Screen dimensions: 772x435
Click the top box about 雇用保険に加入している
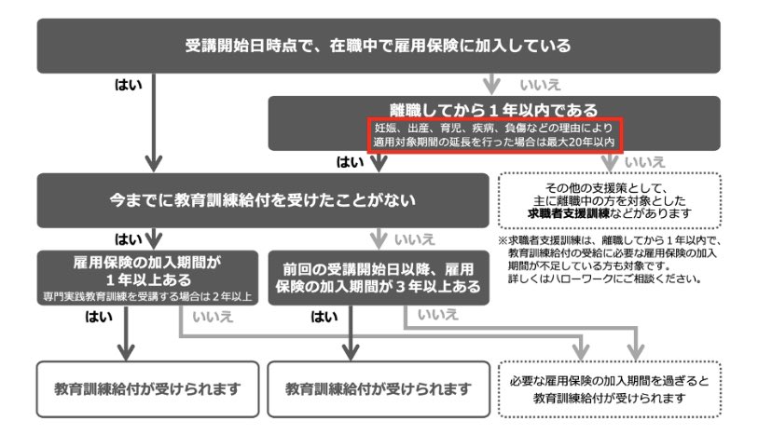[377, 45]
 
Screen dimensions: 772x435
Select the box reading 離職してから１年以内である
[494, 110]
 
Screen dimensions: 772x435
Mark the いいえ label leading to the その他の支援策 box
[643, 162]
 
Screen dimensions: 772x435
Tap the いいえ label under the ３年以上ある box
[438, 316]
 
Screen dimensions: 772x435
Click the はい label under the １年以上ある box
[99, 316]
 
